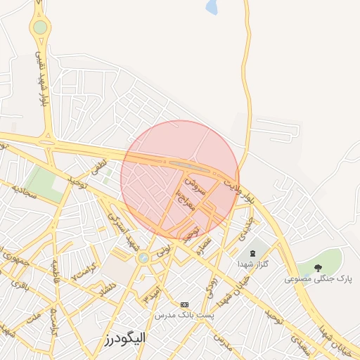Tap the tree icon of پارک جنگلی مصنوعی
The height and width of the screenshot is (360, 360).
[319, 268]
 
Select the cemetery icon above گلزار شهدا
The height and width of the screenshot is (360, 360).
[252, 252]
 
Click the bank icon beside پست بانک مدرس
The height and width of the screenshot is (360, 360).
[185, 304]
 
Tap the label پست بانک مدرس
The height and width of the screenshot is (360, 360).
[185, 315]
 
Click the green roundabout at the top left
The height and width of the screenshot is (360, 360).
[40, 27]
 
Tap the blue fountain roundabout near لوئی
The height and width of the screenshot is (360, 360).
[143, 258]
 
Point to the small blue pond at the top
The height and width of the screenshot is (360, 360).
[212, 8]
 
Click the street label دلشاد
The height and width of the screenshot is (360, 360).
[106, 288]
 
